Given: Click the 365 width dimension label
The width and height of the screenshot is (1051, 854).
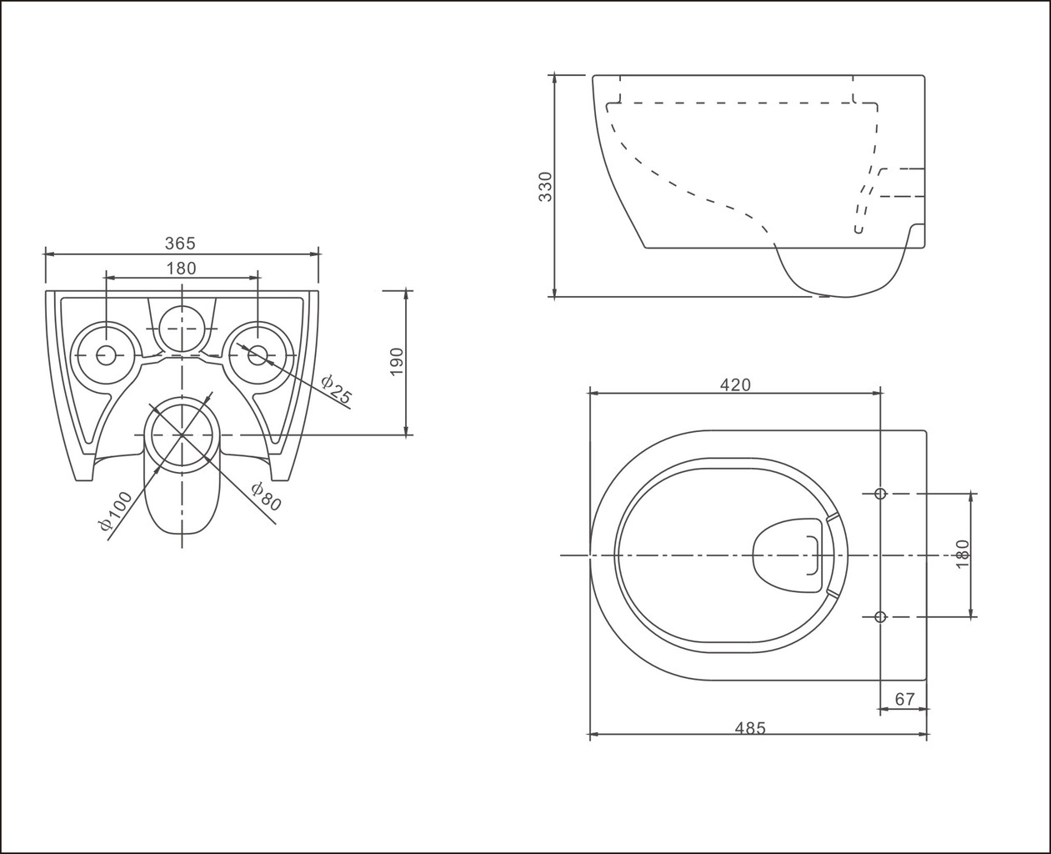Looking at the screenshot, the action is (180, 244).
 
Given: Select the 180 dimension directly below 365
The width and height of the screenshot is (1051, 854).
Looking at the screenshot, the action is (181, 269).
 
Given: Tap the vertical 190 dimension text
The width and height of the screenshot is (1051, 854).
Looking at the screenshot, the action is (397, 362).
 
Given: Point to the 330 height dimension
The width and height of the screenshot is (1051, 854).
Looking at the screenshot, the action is (545, 187).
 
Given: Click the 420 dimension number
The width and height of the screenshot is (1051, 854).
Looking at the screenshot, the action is (735, 384).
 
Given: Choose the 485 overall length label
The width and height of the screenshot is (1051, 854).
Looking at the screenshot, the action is (750, 727).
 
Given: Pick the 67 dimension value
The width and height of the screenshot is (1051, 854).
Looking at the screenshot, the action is (904, 699).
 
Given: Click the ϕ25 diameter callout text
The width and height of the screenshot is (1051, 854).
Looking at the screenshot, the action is (337, 389).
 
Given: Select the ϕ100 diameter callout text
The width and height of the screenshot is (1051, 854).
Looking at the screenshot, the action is (115, 511).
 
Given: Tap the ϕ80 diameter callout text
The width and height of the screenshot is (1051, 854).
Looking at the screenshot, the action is (267, 496).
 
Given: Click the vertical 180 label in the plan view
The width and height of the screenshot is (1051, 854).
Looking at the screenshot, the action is (962, 554).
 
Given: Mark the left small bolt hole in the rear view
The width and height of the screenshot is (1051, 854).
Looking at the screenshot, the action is (106, 355).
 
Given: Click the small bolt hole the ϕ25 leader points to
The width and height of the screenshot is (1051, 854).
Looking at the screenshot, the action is (258, 355).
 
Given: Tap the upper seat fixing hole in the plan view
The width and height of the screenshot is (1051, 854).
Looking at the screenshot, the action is (880, 494).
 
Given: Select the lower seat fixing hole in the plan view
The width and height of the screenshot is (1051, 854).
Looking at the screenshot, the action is (880, 616).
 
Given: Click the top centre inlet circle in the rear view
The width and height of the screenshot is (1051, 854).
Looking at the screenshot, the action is (182, 329).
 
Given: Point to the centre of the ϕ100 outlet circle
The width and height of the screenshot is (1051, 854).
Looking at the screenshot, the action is (182, 435).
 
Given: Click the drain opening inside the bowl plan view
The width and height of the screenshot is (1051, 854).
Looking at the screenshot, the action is (788, 555).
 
